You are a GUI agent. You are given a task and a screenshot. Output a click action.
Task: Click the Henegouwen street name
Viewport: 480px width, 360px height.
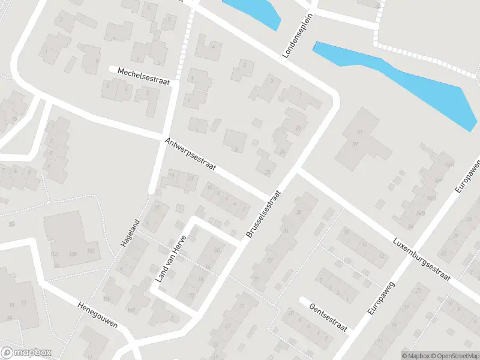click(97, 314)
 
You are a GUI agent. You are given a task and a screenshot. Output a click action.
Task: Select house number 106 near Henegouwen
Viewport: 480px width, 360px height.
click(107, 299)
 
